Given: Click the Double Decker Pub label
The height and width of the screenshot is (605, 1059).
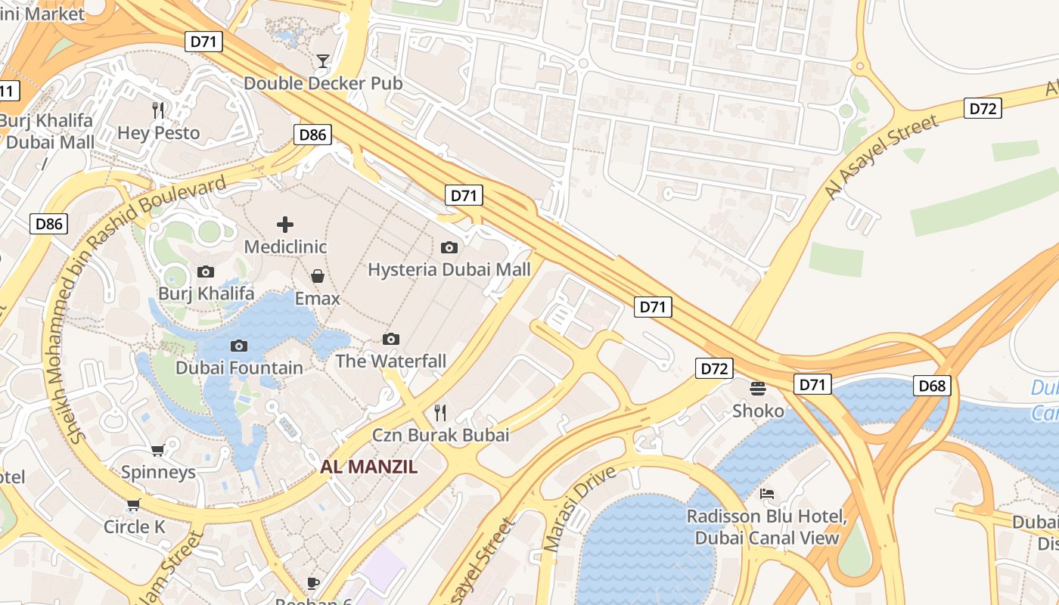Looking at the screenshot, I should point(323,83).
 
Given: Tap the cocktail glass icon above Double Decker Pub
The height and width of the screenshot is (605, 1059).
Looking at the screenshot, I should point(323,60).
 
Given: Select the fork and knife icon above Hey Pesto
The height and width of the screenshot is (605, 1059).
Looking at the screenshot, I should point(158,110).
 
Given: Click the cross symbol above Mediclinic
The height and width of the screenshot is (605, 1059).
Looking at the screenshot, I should point(285,224).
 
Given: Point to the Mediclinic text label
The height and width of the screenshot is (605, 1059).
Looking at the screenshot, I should point(285,247).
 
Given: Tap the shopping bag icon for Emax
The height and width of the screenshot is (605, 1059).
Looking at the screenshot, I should point(318,276).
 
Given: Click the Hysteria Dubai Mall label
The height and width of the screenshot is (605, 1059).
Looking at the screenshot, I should point(449,269).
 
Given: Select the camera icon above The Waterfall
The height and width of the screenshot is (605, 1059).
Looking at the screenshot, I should point(391,339).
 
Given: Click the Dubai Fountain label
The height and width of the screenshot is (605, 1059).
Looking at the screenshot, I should point(239,368).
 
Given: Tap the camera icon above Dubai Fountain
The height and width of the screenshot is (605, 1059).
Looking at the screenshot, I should point(239,346).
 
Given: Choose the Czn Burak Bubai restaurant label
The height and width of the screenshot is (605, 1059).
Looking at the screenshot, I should point(440,435).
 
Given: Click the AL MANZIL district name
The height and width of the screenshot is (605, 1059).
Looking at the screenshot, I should point(368,467).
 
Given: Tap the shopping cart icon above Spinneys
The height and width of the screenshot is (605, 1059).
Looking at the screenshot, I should point(158,450).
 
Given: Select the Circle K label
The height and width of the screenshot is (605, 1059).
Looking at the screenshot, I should point(134,527).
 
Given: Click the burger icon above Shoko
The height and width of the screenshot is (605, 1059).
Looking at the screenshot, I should point(758,388).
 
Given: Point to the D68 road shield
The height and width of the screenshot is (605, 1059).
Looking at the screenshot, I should point(932,386).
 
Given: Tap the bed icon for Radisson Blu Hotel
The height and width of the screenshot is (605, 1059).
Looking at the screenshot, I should point(767,494).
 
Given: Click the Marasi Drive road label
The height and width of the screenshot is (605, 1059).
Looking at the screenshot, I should point(580,508).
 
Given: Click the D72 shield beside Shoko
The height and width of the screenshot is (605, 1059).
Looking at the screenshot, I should point(714,368).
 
